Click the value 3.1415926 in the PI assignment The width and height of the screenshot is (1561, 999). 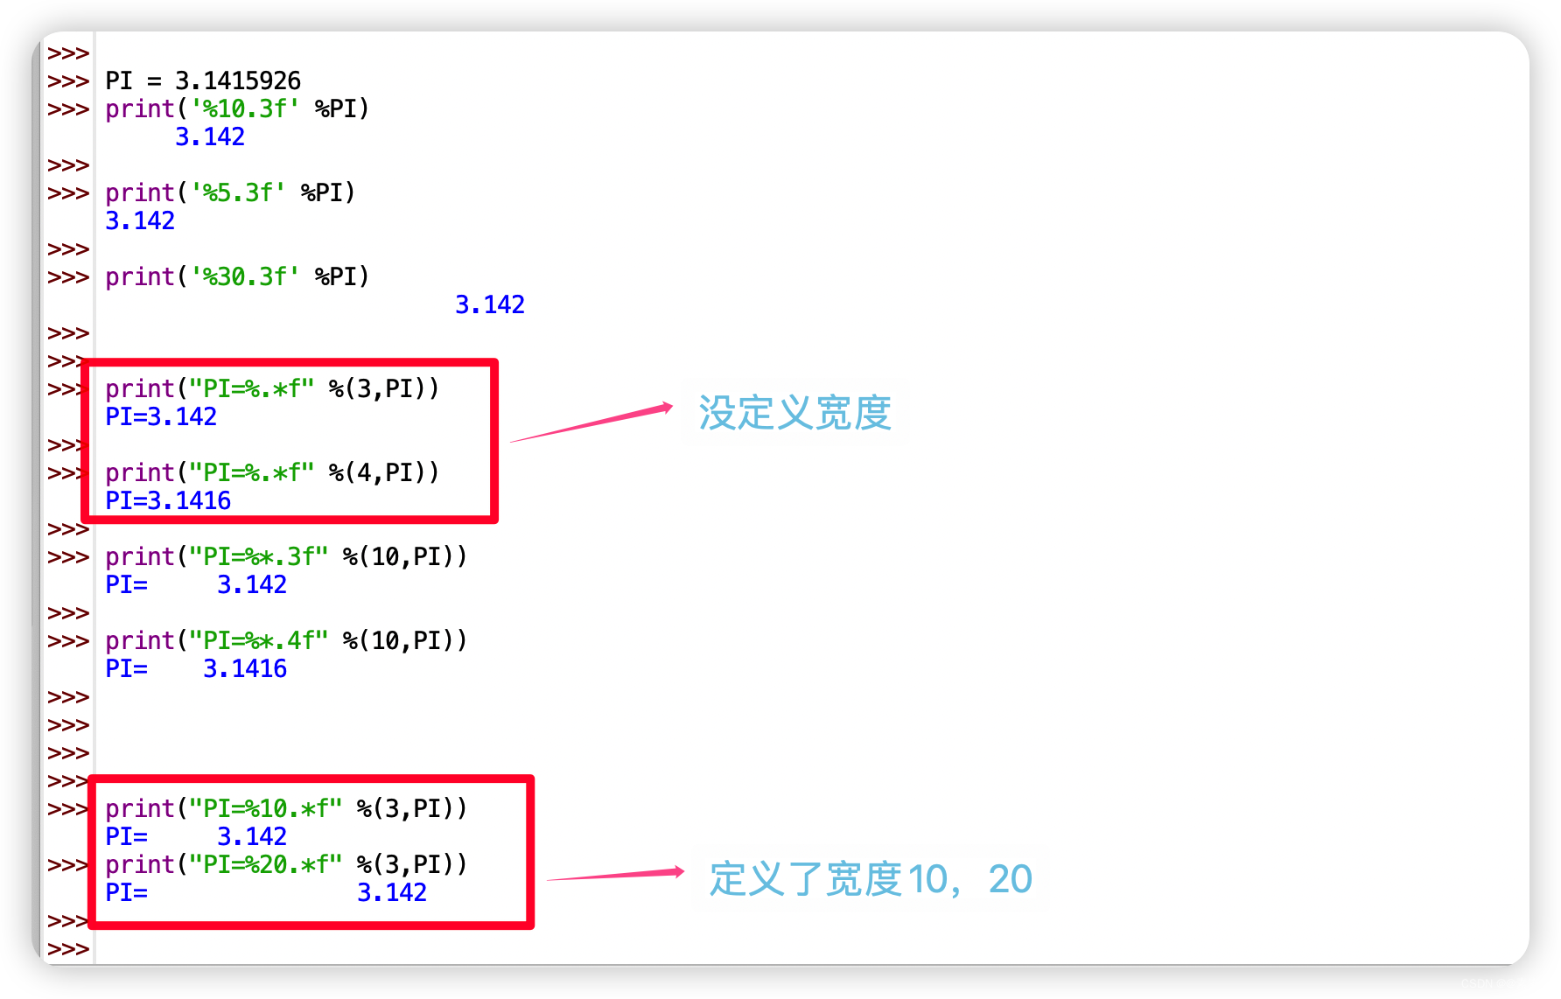(x=238, y=81)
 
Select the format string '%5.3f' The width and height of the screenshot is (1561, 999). (x=238, y=193)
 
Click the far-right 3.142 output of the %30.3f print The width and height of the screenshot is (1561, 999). (x=490, y=305)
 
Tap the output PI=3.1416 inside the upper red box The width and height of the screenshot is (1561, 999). (x=168, y=501)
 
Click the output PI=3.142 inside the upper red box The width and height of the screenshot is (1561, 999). (x=161, y=417)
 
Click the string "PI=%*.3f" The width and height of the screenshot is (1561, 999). (x=259, y=557)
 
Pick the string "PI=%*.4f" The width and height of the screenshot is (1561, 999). (x=259, y=641)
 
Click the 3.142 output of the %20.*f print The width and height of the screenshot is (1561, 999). (x=392, y=893)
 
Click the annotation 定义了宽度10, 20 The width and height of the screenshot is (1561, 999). (x=871, y=879)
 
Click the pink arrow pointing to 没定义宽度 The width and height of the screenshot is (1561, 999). (x=591, y=424)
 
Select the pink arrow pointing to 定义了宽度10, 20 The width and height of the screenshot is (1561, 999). (x=615, y=875)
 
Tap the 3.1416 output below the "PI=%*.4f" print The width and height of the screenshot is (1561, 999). (x=245, y=669)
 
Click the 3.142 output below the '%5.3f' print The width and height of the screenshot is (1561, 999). (x=140, y=221)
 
